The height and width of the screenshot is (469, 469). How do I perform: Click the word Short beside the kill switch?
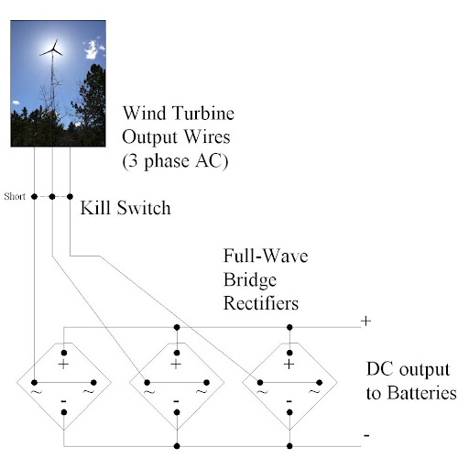[15, 196]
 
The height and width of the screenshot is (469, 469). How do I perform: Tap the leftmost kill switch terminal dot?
[34, 197]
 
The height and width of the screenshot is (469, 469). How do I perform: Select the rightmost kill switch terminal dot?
[70, 197]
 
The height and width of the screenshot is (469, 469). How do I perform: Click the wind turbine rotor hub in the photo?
[53, 50]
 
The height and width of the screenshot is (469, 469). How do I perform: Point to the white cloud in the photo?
[93, 49]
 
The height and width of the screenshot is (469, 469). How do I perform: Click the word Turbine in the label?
[203, 113]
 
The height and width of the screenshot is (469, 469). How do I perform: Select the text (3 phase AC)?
[175, 161]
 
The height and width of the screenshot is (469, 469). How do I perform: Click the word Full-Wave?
[266, 256]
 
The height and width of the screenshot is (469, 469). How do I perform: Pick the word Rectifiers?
[261, 303]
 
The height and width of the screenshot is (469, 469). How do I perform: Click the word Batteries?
[421, 393]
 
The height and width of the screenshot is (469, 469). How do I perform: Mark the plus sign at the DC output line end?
[365, 321]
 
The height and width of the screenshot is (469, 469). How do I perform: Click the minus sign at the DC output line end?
[366, 435]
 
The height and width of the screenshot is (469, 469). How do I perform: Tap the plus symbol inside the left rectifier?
[63, 365]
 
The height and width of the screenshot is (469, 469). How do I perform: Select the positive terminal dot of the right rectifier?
[289, 353]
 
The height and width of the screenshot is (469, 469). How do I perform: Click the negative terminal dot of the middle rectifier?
[177, 412]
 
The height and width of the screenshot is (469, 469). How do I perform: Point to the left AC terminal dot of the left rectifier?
[34, 383]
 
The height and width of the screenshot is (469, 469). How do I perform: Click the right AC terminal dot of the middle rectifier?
[206, 383]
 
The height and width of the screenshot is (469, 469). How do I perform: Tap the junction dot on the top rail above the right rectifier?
[289, 328]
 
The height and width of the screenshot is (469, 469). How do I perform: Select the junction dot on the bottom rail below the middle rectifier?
[177, 446]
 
